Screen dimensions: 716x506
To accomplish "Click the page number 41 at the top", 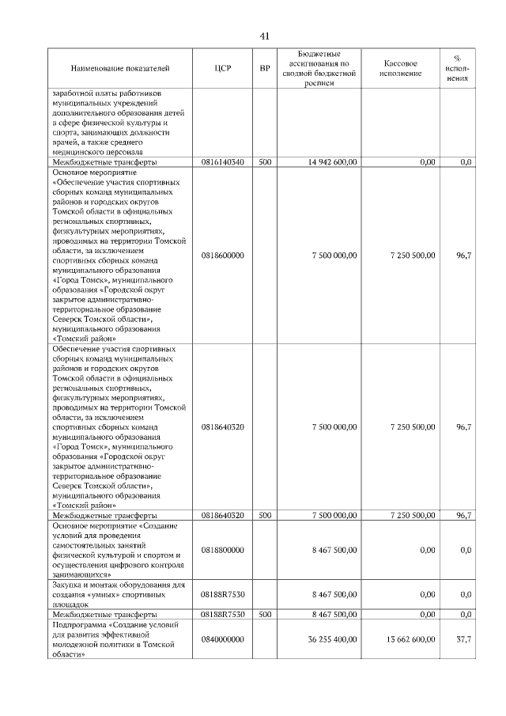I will coord(265,36).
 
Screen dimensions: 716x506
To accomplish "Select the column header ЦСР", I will coord(222,69).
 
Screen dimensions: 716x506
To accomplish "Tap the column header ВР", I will coord(265,69).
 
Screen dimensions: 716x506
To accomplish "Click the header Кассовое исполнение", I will coord(401,69).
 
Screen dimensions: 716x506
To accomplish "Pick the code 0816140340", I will coord(222,162).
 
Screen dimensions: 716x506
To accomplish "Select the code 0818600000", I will coord(222,256).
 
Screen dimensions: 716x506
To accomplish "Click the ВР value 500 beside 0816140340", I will coord(265,162).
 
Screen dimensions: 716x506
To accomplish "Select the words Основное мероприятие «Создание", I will coord(104,525).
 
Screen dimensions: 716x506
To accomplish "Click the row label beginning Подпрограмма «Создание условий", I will coord(104,624).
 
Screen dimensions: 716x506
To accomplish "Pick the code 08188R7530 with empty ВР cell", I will coord(222,594).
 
